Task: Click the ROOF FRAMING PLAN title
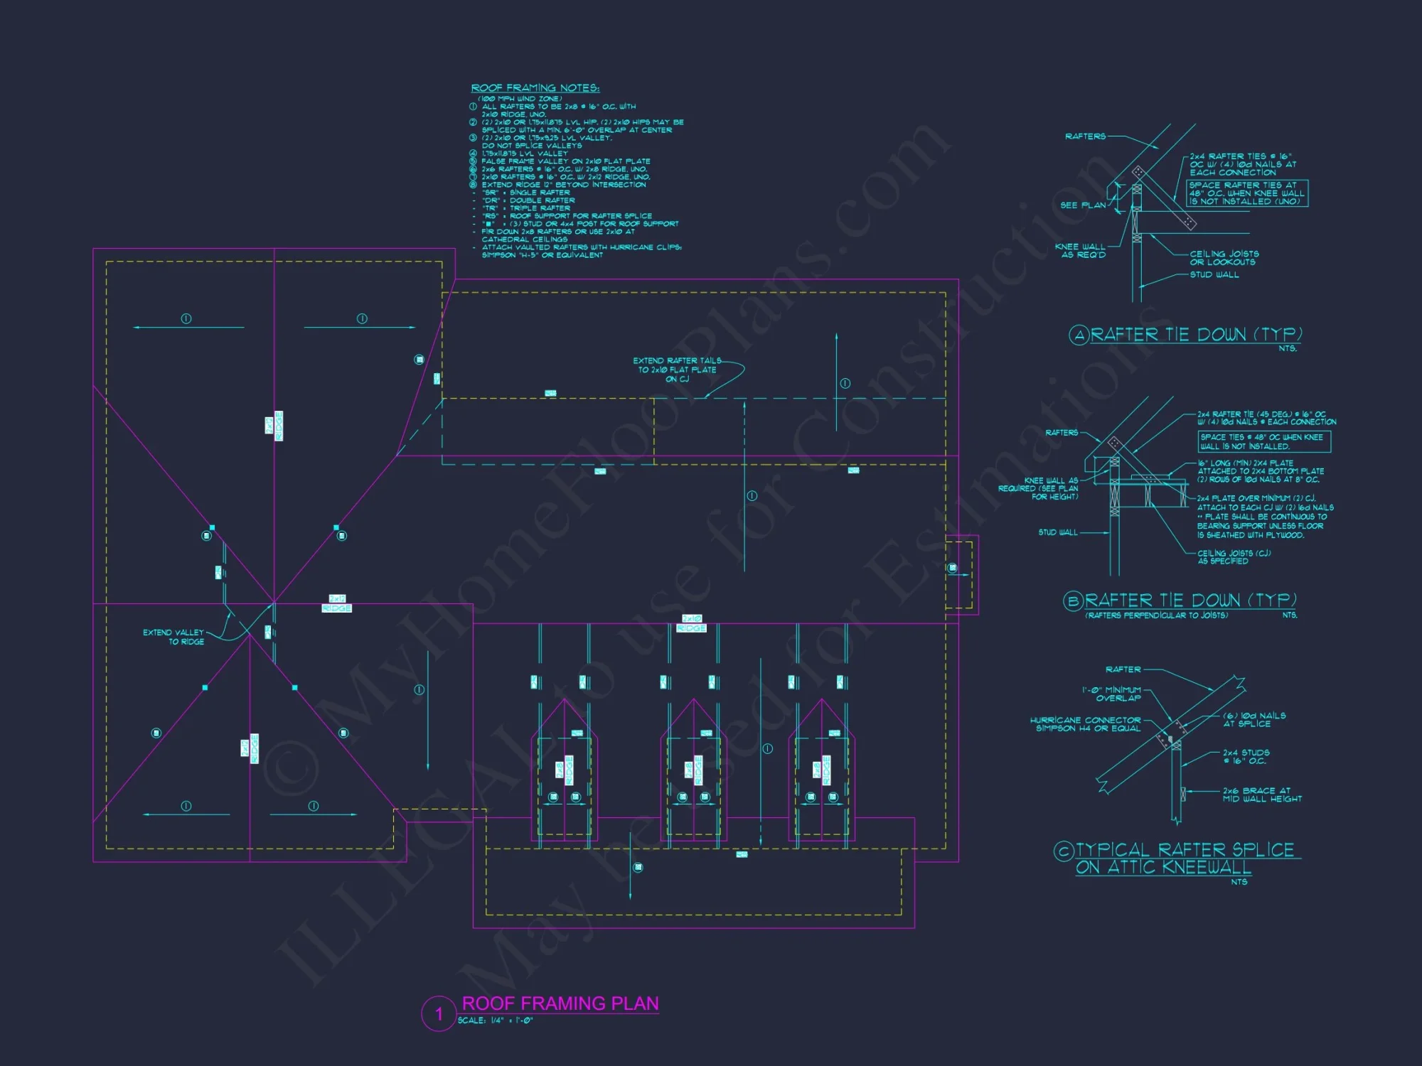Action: (x=560, y=1003)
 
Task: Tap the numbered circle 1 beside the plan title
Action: (x=439, y=1014)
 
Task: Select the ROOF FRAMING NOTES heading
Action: (x=535, y=88)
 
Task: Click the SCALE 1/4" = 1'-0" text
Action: (x=495, y=1021)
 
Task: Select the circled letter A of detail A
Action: (x=1079, y=335)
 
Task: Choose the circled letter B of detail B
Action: (x=1073, y=601)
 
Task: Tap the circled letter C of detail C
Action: (x=1064, y=851)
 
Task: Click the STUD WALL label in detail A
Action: (x=1214, y=275)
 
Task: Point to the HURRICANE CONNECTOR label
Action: (x=1086, y=724)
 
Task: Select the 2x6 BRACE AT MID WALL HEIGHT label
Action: (x=1262, y=795)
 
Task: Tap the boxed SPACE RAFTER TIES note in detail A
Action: (x=1247, y=193)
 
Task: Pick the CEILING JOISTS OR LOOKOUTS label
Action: (x=1224, y=258)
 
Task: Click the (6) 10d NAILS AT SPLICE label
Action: (x=1254, y=719)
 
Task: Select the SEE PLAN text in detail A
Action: (x=1083, y=205)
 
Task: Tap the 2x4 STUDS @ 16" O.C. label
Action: (x=1246, y=757)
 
